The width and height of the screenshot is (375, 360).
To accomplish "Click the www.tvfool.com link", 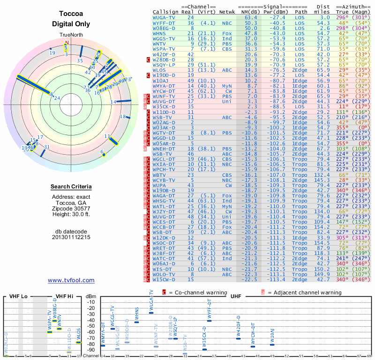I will [x=71, y=280].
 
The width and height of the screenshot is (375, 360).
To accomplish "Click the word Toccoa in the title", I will [x=71, y=14].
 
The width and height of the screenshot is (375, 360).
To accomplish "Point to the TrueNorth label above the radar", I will [x=71, y=36].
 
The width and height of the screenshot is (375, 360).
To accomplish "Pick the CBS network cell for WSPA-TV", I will [x=227, y=48].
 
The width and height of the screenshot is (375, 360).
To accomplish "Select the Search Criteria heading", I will [x=71, y=187].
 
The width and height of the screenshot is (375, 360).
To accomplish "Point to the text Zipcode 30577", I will [x=71, y=208].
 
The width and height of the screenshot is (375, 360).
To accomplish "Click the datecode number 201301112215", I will [x=71, y=237].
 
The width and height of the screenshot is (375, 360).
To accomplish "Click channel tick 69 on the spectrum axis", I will [x=369, y=357].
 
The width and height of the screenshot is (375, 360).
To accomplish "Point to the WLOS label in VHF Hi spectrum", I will [x=78, y=333].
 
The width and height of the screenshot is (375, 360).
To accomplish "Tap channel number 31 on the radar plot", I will [x=46, y=147].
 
